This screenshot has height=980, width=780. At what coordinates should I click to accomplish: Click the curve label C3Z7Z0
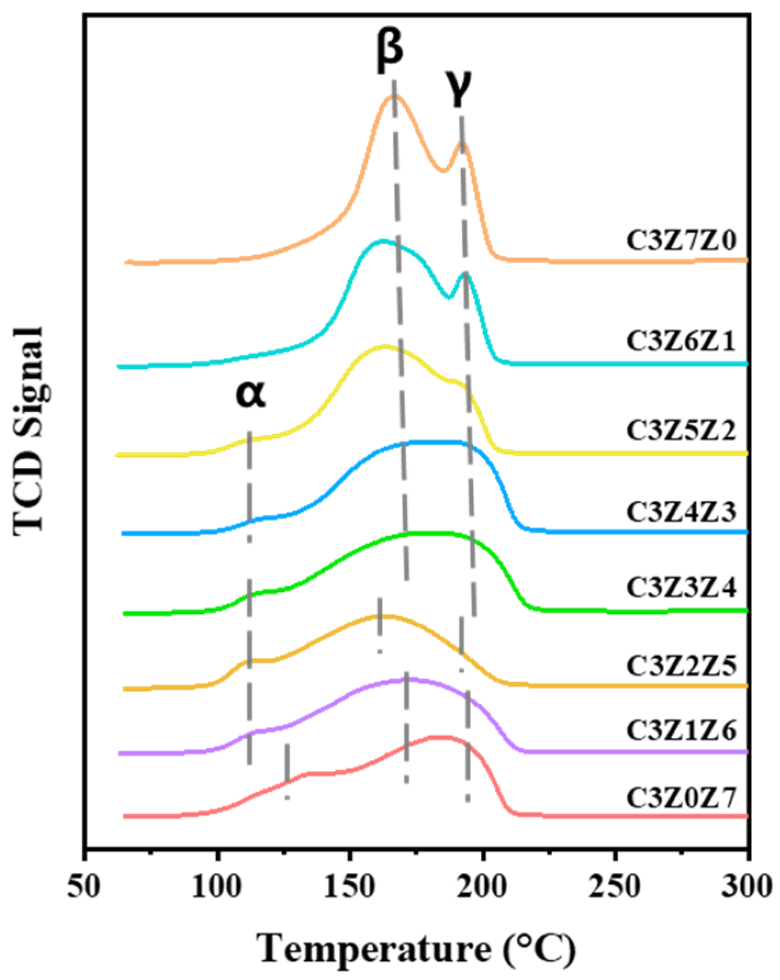[x=681, y=241]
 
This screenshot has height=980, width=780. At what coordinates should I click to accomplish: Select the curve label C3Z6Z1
[x=681, y=341]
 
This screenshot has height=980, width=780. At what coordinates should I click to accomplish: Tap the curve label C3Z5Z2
[x=681, y=431]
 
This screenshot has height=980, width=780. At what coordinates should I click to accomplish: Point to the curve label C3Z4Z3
[x=681, y=512]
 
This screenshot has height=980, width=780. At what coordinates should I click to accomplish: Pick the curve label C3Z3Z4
[x=681, y=587]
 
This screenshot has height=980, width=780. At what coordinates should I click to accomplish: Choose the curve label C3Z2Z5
[x=681, y=665]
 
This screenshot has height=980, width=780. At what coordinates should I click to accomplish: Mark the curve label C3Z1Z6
[x=681, y=731]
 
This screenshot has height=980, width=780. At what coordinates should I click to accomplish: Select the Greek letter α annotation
[x=250, y=394]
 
